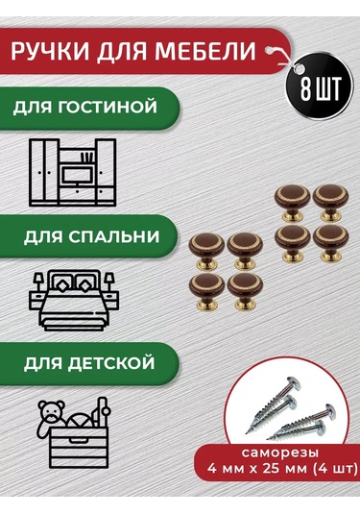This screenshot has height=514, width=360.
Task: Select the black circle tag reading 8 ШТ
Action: (319, 87)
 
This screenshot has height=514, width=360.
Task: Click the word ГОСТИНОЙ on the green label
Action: (108, 108)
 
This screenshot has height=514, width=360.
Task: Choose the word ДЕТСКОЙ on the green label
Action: (111, 363)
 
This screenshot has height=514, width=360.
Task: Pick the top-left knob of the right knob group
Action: (292, 204)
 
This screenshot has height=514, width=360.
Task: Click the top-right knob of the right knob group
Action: (330, 204)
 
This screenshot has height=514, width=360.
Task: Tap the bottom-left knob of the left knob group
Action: (206, 291)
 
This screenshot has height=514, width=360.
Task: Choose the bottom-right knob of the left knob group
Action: (245, 291)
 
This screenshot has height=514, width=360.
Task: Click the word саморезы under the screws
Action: (280, 453)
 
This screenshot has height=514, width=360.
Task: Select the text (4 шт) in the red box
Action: (335, 469)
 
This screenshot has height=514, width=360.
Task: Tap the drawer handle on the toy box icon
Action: (78, 440)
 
